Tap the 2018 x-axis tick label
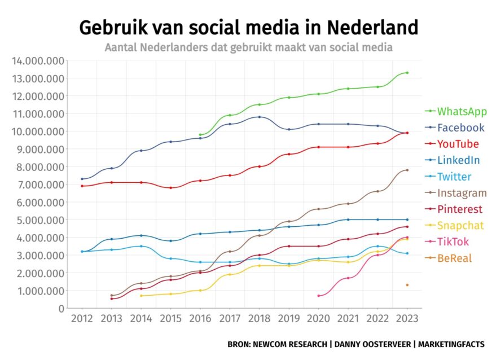pos(259,319)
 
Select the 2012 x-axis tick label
pos(82,319)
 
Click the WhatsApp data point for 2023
pos(407,73)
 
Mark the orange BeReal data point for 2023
pos(407,285)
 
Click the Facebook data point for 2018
pos(259,117)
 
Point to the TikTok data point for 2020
pos(318,296)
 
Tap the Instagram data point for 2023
pos(407,170)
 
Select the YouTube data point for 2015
pos(170,188)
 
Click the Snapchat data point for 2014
pos(141,296)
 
